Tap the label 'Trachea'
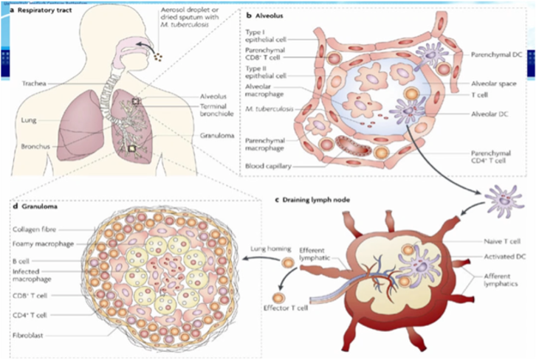coord(35,83)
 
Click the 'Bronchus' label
coord(35,146)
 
